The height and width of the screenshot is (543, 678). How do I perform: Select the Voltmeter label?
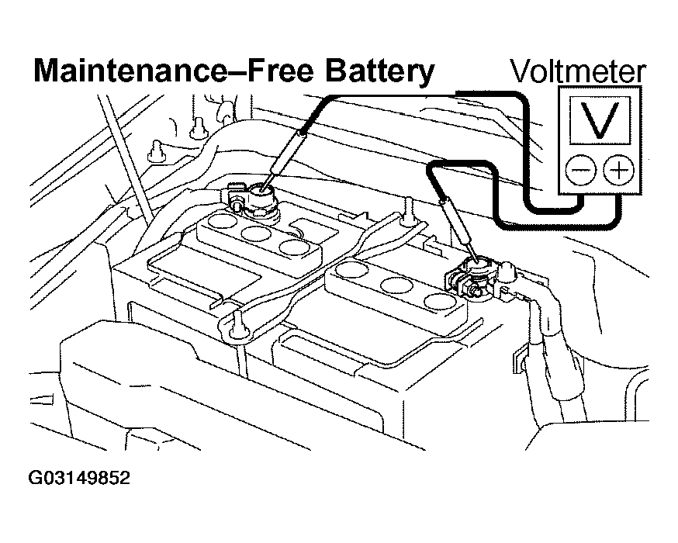click(x=577, y=72)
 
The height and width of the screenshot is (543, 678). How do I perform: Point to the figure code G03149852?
click(x=79, y=477)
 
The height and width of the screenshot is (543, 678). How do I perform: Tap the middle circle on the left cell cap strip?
click(x=252, y=233)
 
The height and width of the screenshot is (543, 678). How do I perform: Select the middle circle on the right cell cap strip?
click(x=399, y=285)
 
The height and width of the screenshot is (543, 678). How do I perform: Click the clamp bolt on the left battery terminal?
click(x=233, y=200)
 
